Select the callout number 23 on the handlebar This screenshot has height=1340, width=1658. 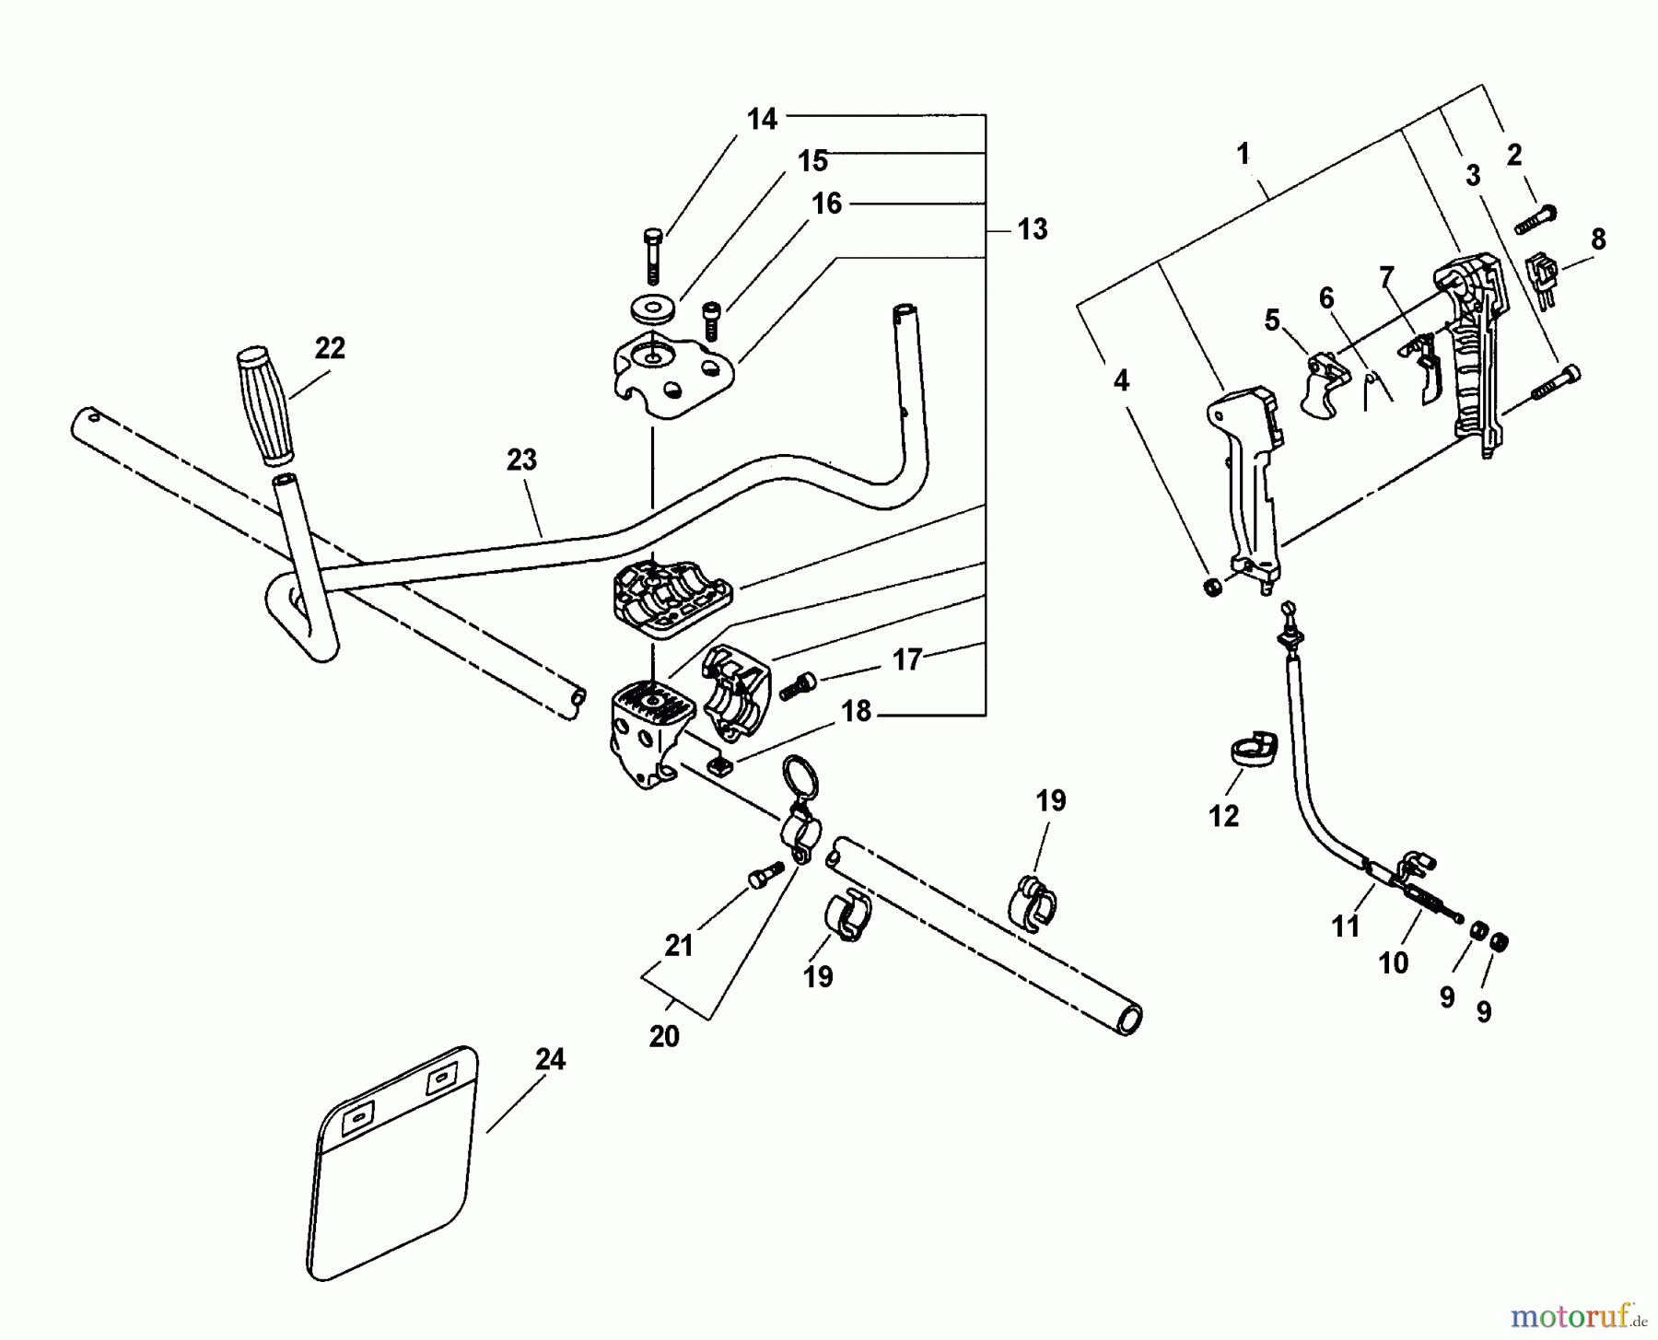tap(521, 460)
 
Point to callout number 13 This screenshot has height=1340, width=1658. tap(1033, 228)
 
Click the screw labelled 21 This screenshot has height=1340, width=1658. tap(764, 878)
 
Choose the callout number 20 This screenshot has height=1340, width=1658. tap(664, 1036)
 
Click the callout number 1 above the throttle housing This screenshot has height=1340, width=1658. tap(1243, 153)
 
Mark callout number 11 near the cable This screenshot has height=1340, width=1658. tap(1346, 926)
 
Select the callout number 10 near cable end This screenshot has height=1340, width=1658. tap(1393, 962)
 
